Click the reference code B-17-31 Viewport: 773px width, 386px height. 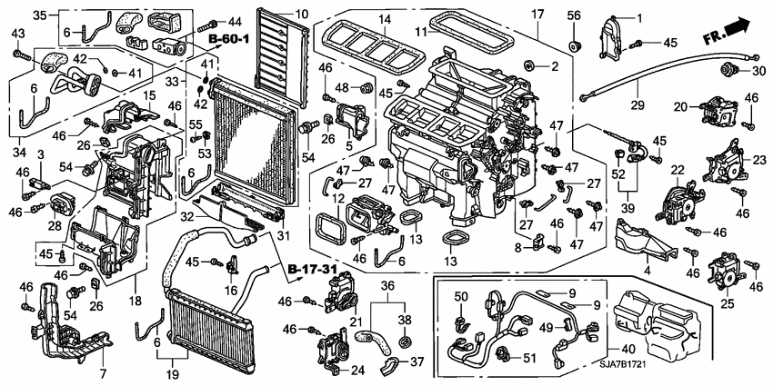click(x=306, y=270)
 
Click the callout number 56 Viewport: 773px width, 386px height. click(x=574, y=15)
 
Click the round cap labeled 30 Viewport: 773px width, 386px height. click(x=728, y=71)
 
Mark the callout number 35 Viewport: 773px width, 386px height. click(x=39, y=16)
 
